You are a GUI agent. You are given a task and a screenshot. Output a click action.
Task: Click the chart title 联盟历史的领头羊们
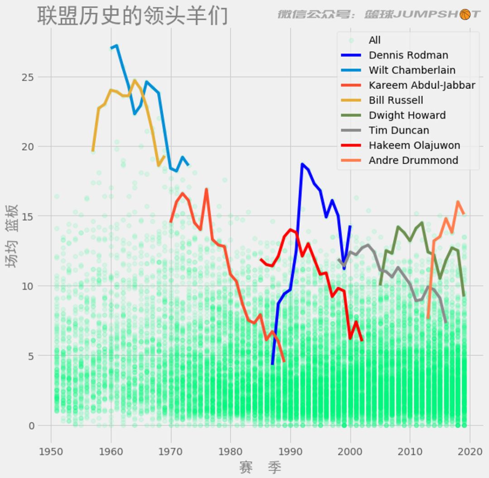pos(132,16)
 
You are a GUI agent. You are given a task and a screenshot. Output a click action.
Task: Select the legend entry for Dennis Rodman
pos(408,55)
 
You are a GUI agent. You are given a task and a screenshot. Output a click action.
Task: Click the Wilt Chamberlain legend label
pos(412,70)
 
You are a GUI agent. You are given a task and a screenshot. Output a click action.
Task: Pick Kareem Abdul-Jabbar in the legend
pos(422,85)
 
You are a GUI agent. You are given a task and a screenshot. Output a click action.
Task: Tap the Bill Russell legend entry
pos(396,100)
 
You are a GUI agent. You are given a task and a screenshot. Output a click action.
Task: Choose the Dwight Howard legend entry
pos(407,115)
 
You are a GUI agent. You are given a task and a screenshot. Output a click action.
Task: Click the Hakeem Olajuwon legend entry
pos(414,145)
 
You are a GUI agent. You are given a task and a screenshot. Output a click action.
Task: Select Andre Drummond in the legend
pos(413,160)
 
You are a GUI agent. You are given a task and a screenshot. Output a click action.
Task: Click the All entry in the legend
pos(374,40)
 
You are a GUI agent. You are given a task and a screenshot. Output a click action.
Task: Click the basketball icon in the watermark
pos(465,14)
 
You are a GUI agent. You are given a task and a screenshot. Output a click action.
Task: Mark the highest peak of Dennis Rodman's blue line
pos(302,164)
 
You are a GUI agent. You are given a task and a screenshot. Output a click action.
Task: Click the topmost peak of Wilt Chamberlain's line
pos(117,45)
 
